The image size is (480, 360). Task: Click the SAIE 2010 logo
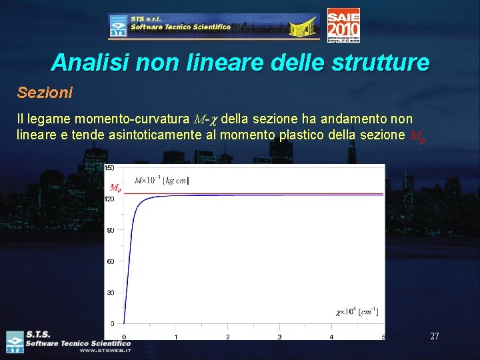pyautogui.click(x=343, y=25)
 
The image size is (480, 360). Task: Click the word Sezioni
pyautogui.click(x=45, y=92)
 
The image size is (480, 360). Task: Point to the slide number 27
pyautogui.click(x=434, y=336)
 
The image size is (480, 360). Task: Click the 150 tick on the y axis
pyautogui.click(x=109, y=167)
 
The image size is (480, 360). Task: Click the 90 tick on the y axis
pyautogui.click(x=111, y=230)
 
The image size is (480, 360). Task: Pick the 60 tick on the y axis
pyautogui.click(x=111, y=261)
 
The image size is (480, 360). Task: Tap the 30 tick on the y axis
pyautogui.click(x=111, y=293)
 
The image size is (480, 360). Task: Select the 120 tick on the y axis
pyautogui.click(x=109, y=199)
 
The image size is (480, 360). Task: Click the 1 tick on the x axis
pyautogui.click(x=176, y=337)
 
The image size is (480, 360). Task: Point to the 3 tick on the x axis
pyautogui.click(x=279, y=337)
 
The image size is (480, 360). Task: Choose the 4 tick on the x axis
pyautogui.click(x=331, y=337)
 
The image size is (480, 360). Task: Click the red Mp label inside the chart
pyautogui.click(x=115, y=188)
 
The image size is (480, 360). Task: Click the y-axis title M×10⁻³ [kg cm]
pyautogui.click(x=162, y=181)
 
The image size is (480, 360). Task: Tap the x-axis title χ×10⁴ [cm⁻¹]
pyautogui.click(x=357, y=311)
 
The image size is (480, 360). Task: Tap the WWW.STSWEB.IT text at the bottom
pyautogui.click(x=105, y=350)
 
